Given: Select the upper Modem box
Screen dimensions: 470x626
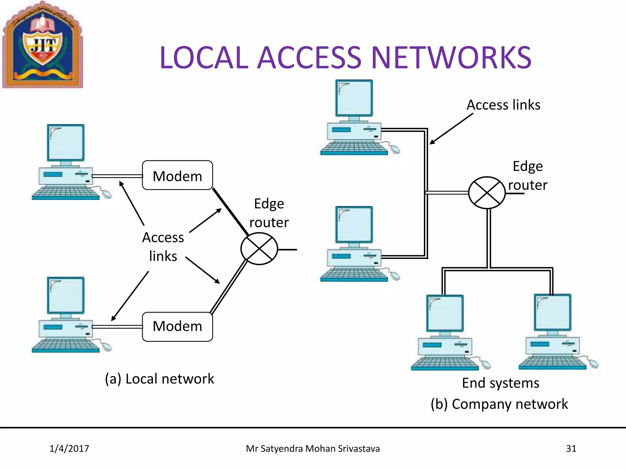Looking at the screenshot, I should click(x=177, y=175).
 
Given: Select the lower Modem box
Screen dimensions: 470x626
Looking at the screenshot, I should click(x=177, y=326).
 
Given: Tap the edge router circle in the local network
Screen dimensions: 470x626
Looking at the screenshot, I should click(x=259, y=248).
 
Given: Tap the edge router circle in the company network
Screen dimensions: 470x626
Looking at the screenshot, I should click(x=487, y=193).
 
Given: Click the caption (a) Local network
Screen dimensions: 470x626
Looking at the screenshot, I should click(x=159, y=379).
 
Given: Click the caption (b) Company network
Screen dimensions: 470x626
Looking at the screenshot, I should click(x=499, y=404).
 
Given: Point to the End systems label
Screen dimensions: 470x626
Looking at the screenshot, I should click(x=500, y=383).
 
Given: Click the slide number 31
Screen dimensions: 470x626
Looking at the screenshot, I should click(x=571, y=449).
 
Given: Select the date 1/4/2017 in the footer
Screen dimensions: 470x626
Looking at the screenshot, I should click(x=69, y=449).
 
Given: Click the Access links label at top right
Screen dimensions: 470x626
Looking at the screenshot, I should click(x=503, y=105).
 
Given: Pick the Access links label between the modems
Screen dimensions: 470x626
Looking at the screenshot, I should click(x=163, y=247).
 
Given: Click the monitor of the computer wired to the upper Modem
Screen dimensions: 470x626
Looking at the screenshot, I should click(x=66, y=143).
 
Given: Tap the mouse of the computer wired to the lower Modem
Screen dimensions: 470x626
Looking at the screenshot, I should click(x=106, y=347).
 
